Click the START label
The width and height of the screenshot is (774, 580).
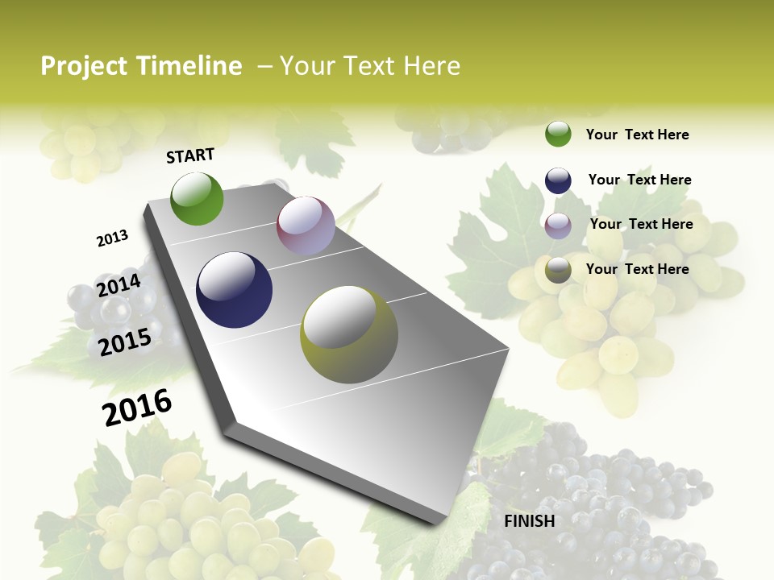190,155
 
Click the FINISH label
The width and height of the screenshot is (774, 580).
529,521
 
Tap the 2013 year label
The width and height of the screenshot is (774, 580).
112,238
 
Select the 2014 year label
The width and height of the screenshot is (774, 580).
119,286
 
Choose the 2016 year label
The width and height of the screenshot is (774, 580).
137,408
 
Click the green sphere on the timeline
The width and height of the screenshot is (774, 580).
197,198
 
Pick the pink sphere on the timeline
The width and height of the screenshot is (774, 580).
306,226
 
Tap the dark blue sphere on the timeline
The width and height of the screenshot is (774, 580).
235,290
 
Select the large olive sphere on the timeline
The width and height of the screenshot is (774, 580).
349,334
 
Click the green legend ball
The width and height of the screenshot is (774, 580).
558,134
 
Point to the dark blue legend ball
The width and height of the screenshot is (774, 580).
558,180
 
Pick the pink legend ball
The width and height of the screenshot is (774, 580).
558,225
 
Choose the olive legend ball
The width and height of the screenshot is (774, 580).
558,270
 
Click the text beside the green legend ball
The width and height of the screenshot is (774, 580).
637,135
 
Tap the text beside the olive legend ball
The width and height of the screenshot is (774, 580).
637,269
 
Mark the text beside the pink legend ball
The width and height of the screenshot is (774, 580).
641,224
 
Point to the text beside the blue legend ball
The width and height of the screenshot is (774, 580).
639,180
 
